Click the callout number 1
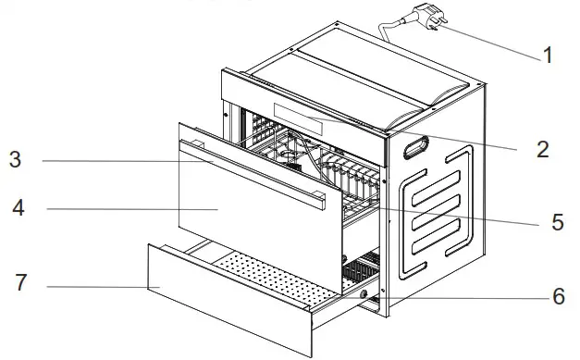548,56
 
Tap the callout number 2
543,148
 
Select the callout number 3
16,160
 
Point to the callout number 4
17,208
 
